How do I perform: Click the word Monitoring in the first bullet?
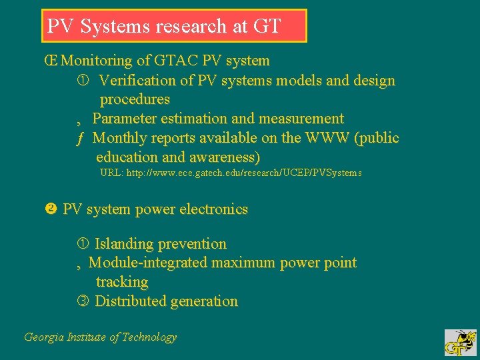[x=97, y=61]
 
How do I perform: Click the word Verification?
[x=137, y=81]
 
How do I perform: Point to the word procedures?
[x=135, y=99]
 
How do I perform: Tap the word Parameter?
[x=123, y=119]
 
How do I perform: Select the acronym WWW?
[x=327, y=138]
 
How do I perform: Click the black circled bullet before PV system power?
[x=49, y=209]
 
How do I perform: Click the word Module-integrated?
[x=148, y=263]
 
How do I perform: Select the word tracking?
[x=122, y=282]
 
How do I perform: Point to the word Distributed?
[x=130, y=301]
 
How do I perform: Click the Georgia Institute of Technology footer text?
[x=100, y=337]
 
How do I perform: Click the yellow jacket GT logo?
[x=460, y=342]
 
